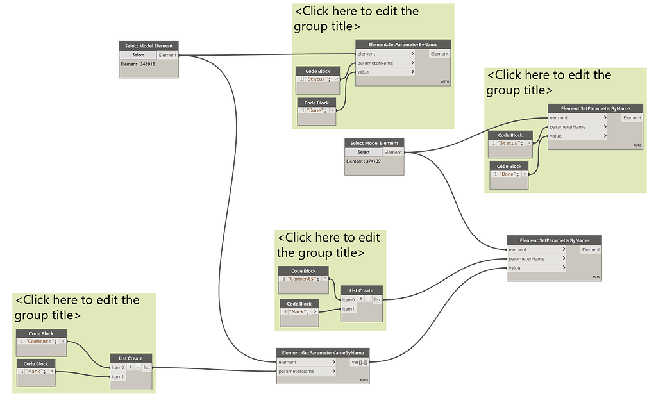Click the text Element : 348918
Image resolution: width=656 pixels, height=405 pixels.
pos(138,64)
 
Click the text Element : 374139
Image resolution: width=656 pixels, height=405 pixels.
pos(363,161)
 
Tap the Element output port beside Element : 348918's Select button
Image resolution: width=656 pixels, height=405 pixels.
pos(167,55)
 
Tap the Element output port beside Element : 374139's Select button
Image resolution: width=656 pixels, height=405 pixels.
pos(393,152)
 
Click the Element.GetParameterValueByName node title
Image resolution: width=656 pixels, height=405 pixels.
pos(323,352)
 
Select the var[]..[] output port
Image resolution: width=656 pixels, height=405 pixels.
pos(360,362)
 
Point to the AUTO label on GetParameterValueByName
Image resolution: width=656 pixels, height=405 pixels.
pos(364,381)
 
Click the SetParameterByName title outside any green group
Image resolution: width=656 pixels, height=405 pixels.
pos(554,240)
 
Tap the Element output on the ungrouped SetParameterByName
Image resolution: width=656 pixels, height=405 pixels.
pos(591,249)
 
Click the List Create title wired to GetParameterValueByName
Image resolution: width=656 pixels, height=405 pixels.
pos(131,358)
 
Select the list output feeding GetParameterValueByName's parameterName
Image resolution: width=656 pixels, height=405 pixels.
pos(147,367)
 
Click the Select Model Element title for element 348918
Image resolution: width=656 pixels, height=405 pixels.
pos(149,46)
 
